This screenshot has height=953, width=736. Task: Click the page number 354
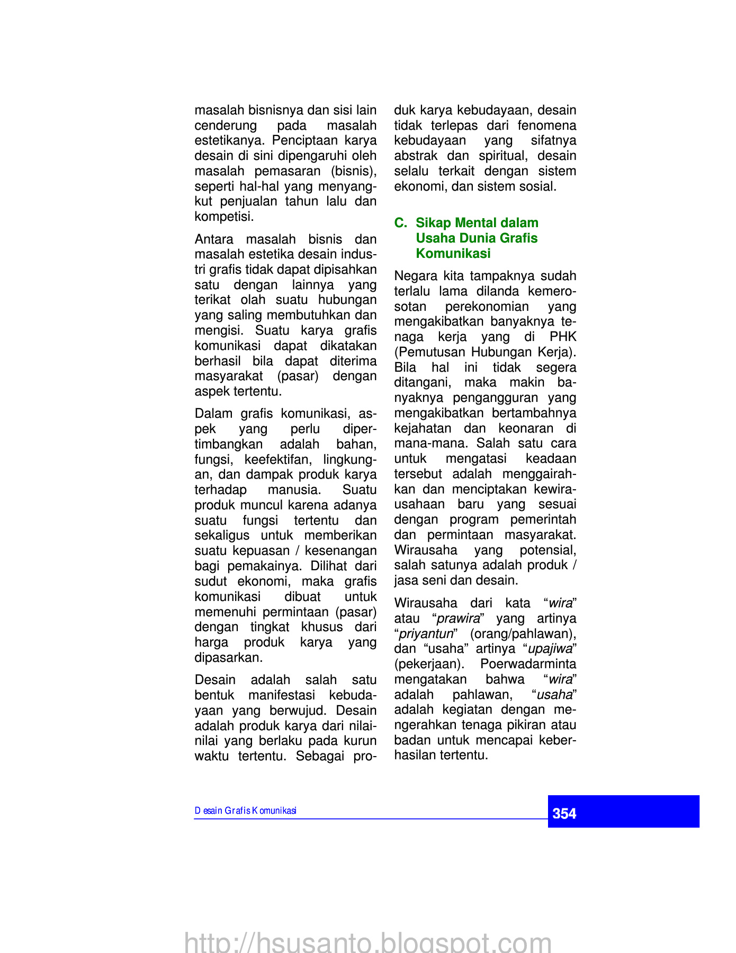(x=564, y=813)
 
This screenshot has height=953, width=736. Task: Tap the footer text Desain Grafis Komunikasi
(x=245, y=811)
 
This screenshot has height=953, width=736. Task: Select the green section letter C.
(x=400, y=223)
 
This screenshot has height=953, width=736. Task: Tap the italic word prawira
(x=458, y=618)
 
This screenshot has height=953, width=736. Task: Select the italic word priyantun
(x=426, y=634)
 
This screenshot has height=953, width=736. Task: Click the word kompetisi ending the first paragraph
(x=224, y=217)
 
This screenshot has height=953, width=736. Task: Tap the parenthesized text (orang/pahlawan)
(x=523, y=634)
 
